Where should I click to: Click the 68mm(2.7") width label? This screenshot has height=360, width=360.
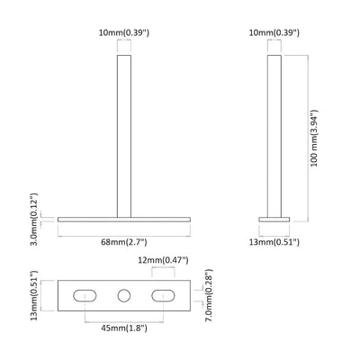[x=125, y=242]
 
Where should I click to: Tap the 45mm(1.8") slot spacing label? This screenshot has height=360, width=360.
[x=125, y=327]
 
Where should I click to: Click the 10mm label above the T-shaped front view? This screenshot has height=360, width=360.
[x=125, y=33]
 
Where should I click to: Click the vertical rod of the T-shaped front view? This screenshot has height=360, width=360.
[x=125, y=135]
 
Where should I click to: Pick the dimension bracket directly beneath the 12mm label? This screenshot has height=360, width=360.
[x=165, y=271]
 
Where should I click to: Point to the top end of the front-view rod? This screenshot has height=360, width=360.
[x=125, y=57]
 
